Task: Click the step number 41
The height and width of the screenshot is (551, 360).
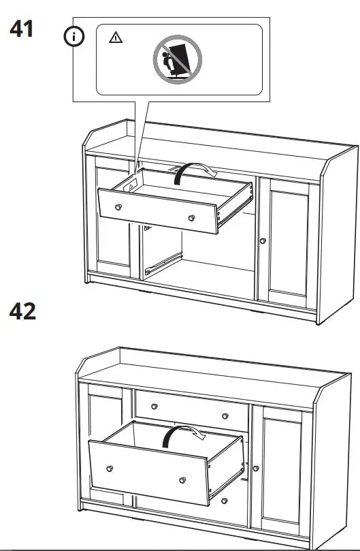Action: click(21, 29)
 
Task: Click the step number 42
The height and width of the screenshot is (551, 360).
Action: click(22, 311)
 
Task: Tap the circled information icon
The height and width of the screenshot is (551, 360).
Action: click(73, 37)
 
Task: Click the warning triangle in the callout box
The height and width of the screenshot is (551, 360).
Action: click(116, 37)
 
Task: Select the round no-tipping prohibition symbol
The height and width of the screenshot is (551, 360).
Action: click(178, 59)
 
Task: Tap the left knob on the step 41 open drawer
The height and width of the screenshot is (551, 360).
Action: click(118, 207)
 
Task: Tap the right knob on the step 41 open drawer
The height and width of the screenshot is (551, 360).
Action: click(191, 218)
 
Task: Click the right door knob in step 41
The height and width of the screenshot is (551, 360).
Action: click(263, 240)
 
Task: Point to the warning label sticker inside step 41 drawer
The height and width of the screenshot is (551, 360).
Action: click(130, 187)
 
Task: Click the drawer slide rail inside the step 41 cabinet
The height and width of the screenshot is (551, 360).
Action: click(163, 263)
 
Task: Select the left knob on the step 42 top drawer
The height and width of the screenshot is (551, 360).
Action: click(154, 407)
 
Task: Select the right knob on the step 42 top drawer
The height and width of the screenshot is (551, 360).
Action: click(225, 416)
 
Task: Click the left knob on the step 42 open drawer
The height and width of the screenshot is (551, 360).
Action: click(110, 469)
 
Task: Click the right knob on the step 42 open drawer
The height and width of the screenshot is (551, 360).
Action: click(182, 480)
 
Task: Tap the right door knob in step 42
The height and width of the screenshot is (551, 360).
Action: click(256, 469)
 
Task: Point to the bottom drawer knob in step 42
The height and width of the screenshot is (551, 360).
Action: click(224, 501)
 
